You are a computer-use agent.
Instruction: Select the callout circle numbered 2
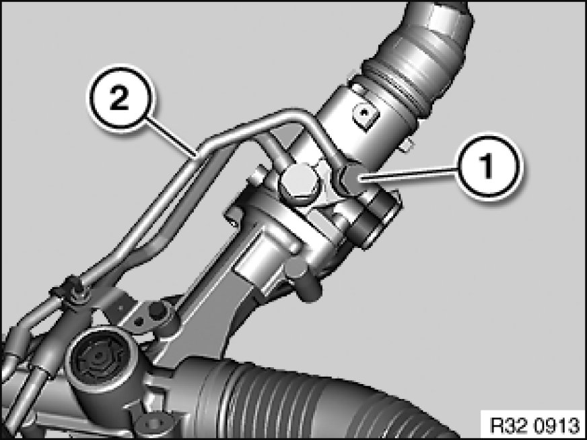click(x=119, y=98)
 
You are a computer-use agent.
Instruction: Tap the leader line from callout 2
click(x=170, y=137)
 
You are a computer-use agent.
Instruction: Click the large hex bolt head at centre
click(x=298, y=183)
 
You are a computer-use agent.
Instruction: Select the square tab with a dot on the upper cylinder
click(x=365, y=115)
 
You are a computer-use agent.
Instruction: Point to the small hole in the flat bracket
click(x=138, y=321)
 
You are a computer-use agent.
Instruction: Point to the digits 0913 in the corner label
click(x=557, y=425)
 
